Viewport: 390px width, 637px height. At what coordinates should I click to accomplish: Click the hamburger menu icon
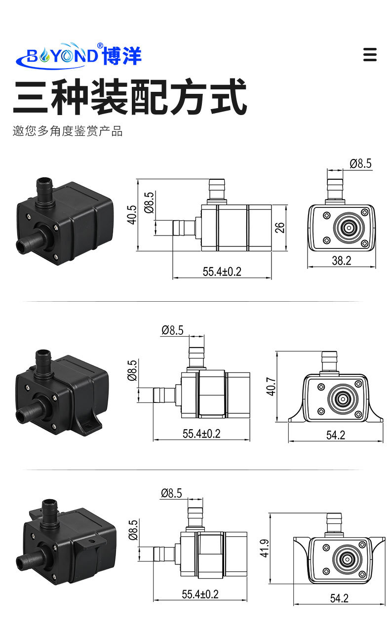click(370, 54)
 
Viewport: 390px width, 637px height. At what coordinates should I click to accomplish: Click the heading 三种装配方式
click(129, 97)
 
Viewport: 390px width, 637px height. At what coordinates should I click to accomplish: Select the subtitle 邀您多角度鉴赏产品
click(68, 131)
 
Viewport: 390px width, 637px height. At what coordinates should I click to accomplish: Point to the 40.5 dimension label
click(132, 215)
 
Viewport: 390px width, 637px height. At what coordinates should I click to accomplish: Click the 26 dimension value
click(279, 227)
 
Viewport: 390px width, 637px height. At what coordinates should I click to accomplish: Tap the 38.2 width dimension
click(341, 261)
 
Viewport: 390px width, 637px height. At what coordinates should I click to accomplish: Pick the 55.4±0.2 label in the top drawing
click(222, 272)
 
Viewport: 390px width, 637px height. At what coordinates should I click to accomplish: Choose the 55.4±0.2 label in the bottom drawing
click(200, 594)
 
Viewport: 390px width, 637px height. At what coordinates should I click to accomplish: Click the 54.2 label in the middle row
click(336, 435)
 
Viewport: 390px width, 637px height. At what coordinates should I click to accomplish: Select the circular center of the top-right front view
click(348, 228)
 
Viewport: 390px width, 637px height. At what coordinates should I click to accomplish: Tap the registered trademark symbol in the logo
click(100, 46)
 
